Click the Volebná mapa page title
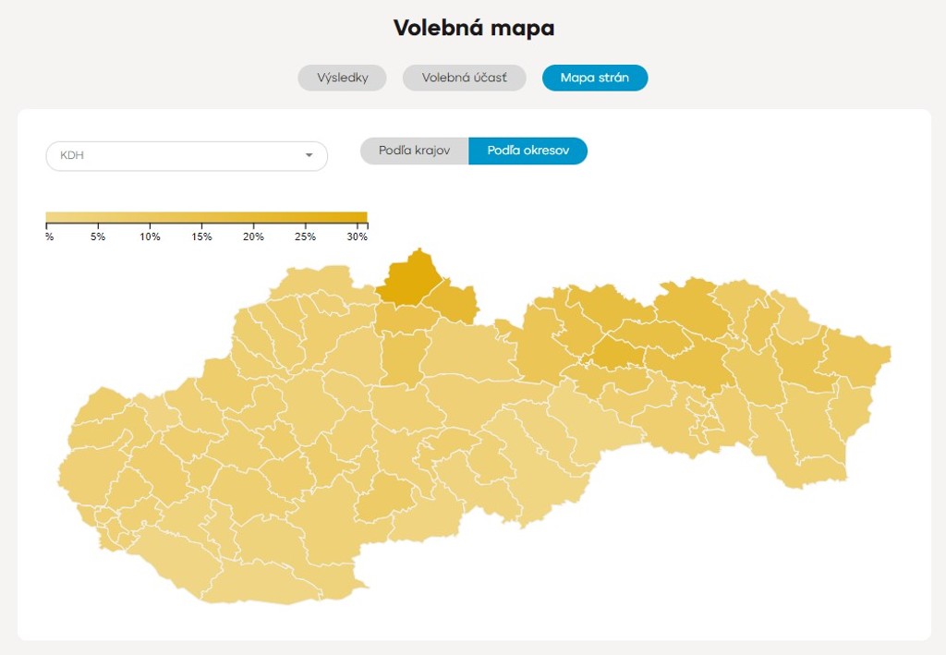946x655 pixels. pos(473,28)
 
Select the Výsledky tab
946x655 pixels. pos(342,78)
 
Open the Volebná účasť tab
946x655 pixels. pos(464,78)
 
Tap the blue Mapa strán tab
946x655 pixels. pos(594,78)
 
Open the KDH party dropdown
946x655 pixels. pos(186,155)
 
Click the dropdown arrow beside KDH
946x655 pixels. pos(309,155)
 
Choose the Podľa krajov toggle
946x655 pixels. pos(414,151)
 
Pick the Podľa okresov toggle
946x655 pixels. pos(528,151)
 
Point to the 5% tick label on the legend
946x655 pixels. pos(98,237)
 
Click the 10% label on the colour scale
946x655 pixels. pos(150,237)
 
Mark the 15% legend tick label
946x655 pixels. pos(201,237)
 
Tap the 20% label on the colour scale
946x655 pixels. pos(253,237)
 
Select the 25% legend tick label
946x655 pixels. pos(305,237)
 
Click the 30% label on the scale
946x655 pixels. pos(357,237)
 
